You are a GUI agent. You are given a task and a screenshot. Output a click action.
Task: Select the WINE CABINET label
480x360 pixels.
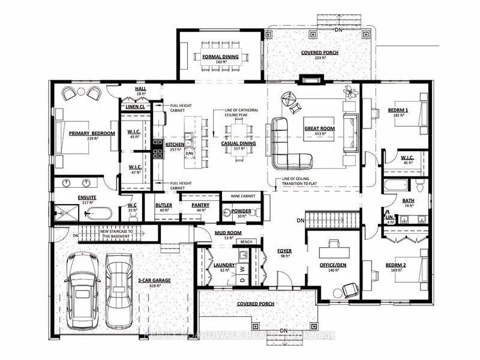pyautogui.click(x=240, y=196)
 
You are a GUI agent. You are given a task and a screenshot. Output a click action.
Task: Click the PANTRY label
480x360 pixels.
pyautogui.click(x=200, y=205)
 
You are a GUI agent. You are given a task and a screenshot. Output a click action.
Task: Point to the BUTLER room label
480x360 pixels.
pyautogui.click(x=164, y=205)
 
